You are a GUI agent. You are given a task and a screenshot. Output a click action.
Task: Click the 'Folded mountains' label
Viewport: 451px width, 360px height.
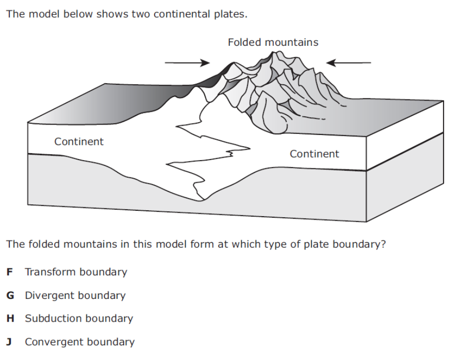[x=273, y=42]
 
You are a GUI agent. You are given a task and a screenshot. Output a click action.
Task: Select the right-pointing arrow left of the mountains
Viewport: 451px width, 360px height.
[x=187, y=63]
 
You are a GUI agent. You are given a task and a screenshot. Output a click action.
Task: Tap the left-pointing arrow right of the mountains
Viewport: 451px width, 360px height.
[x=349, y=63]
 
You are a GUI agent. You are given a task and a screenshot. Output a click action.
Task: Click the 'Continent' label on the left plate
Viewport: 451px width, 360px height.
[x=79, y=142]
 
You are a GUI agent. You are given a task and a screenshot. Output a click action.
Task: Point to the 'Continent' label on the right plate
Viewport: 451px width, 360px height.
[x=314, y=154]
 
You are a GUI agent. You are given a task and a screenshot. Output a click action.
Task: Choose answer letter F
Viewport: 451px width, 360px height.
[x=10, y=272]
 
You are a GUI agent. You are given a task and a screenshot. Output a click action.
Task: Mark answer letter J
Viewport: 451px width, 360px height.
[x=10, y=342]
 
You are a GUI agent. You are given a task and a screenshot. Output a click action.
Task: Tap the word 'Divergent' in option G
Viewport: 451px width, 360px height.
[x=49, y=295]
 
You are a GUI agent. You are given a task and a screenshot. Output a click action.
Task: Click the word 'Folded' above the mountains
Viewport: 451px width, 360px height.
[x=244, y=42]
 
